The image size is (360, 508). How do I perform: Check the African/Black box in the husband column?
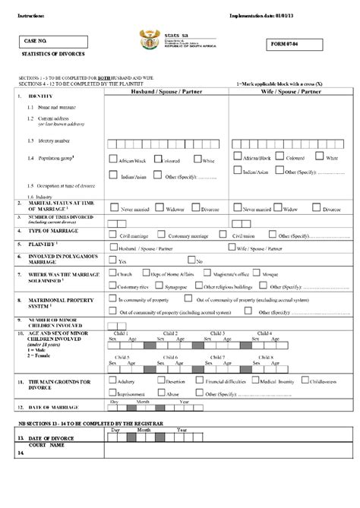pyautogui.click(x=113, y=159)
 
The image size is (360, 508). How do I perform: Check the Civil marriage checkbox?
pyautogui.click(x=113, y=235)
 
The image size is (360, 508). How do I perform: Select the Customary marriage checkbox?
pyautogui.click(x=162, y=235)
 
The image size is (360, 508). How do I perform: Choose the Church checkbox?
pyautogui.click(x=113, y=273)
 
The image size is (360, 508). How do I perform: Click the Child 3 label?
pyautogui.click(x=218, y=333)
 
